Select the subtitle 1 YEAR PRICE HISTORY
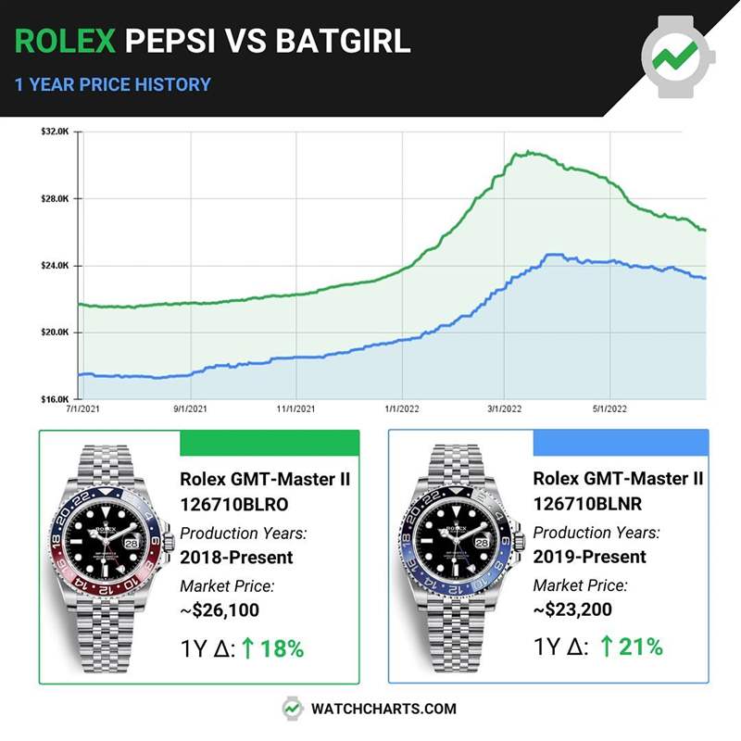pos(112,84)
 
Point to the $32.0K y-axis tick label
pos(57,132)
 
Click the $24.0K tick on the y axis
pos(57,266)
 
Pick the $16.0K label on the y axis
pos(57,399)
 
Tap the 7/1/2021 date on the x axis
pos(84,408)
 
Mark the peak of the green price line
pos(524,152)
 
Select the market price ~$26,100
pos(220,610)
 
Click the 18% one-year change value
pos(282,648)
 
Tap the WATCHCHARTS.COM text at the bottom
pos(383,709)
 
